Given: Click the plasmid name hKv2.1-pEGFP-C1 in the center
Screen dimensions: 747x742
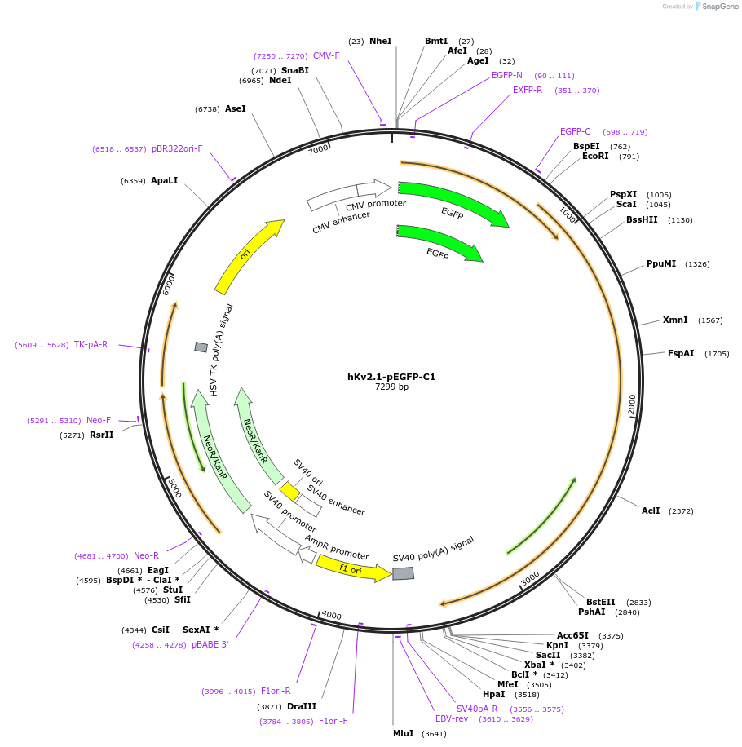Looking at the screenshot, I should tap(391, 377).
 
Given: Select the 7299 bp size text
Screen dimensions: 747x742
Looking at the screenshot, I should tap(391, 387).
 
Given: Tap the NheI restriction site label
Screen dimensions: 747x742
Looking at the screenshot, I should tap(380, 41).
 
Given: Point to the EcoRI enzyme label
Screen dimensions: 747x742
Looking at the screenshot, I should tap(595, 157).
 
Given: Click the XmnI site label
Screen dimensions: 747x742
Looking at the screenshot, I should tap(675, 320).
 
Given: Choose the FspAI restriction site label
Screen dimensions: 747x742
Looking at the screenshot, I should tap(681, 354).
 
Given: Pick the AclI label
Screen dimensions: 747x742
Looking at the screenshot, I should tap(651, 511).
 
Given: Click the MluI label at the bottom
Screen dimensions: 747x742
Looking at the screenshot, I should tap(403, 734).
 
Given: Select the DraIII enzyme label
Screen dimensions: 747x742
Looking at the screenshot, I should tap(302, 707).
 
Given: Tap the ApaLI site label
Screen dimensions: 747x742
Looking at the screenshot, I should tap(164, 181).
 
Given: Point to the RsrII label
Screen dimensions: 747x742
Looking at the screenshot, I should tap(102, 435).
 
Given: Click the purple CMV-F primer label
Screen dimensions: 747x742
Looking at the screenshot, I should tap(325, 56).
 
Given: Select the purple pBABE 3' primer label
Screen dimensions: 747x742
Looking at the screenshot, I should tap(210, 645).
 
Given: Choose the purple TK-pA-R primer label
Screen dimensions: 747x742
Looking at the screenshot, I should tap(91, 345).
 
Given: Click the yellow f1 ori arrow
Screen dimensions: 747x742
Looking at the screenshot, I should tap(352, 568).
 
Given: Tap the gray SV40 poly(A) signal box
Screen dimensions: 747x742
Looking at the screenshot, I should tap(403, 573).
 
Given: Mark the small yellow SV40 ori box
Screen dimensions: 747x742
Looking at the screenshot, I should tap(289, 492).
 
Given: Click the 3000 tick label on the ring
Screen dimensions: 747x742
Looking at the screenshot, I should tap(530, 577).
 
